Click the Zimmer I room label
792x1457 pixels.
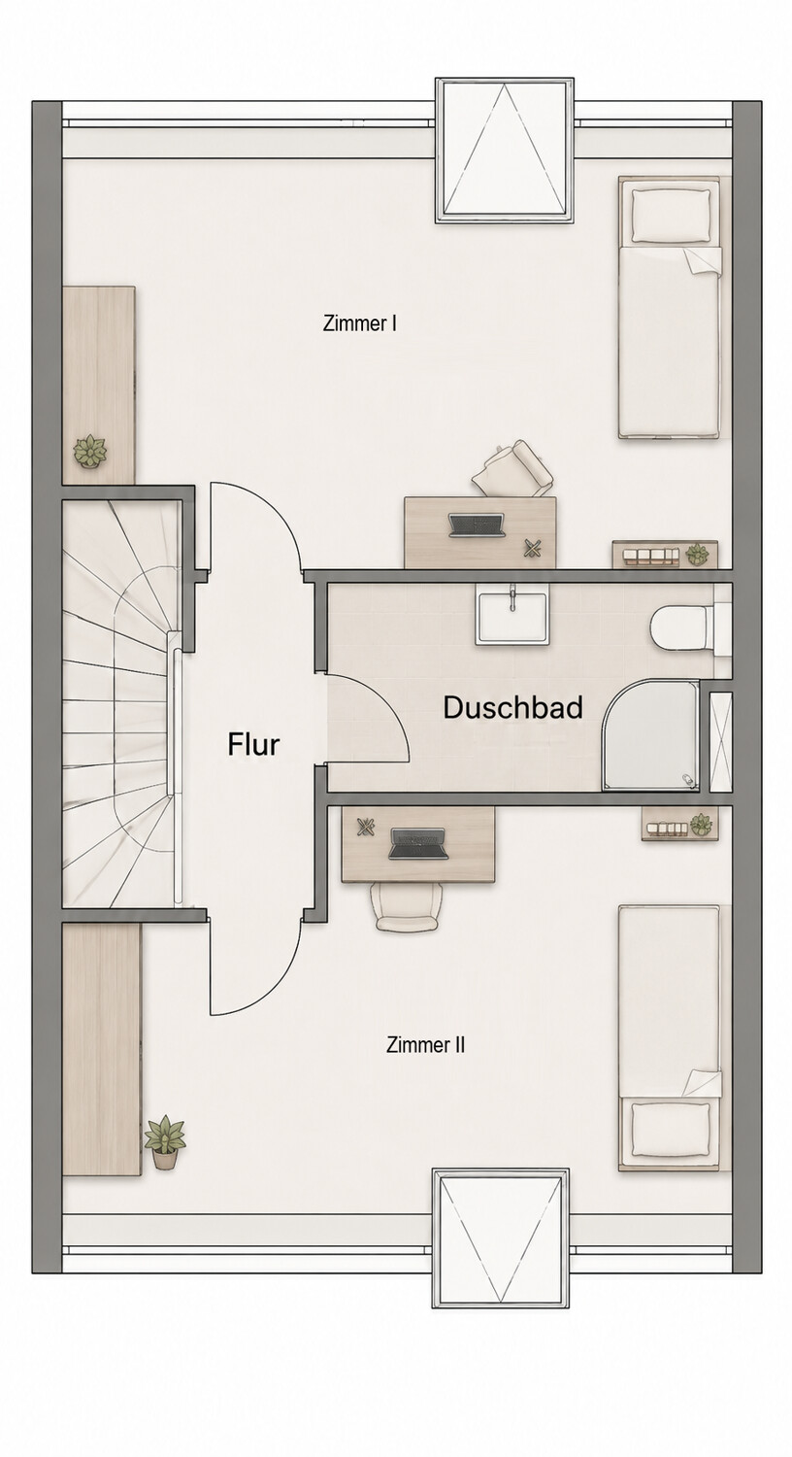(359, 323)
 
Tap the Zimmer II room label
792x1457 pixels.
(425, 1044)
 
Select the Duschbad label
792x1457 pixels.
(512, 708)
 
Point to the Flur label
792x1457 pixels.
(253, 744)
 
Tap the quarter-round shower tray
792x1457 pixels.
(651, 735)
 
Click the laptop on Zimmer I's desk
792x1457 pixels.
(477, 525)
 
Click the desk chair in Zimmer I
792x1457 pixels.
(513, 468)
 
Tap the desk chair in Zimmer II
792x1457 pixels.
(408, 907)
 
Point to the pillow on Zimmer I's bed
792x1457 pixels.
(671, 214)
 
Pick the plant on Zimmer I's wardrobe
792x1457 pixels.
(89, 451)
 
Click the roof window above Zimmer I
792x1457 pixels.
(504, 151)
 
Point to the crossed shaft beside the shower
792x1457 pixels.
(720, 742)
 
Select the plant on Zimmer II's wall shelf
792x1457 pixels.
(701, 824)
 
